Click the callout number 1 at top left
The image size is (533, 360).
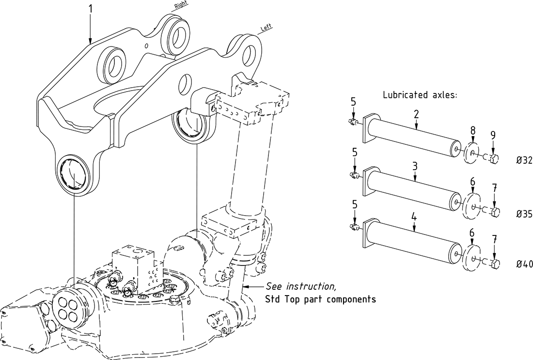point(90,9)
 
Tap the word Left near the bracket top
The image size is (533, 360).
point(266,28)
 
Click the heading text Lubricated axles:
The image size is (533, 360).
point(420,95)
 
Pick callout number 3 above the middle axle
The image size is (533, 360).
point(415,166)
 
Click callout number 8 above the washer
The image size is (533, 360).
point(472,130)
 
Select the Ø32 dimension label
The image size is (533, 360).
point(524,160)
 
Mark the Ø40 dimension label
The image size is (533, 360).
point(524,264)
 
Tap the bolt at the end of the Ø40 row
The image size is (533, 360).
point(493,264)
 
